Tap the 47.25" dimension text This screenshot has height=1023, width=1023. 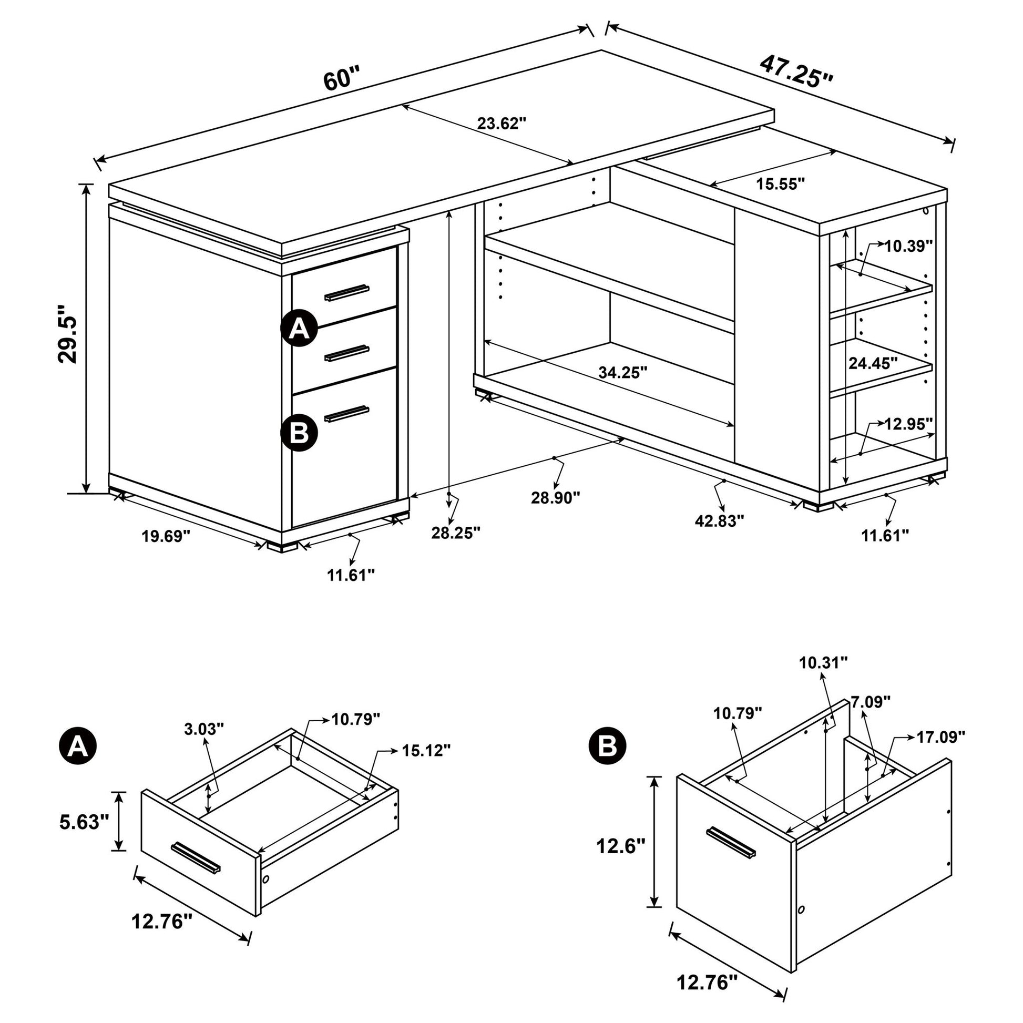coord(796,72)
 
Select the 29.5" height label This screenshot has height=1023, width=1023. coord(68,334)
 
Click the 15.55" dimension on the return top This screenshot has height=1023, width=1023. coord(781,184)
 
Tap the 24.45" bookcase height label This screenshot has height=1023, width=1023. coord(873,363)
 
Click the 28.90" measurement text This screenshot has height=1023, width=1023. coord(556,498)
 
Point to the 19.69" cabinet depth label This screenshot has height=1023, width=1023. coord(166,537)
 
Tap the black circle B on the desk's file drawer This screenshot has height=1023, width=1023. coord(299,433)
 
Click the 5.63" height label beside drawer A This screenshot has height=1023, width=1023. coord(84,822)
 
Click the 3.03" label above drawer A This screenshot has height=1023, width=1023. coord(204,730)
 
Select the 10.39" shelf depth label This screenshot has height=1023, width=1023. coord(908,245)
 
